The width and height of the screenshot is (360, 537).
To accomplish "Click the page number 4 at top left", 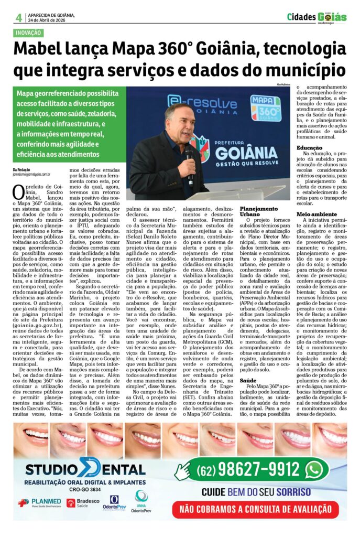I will click(x=18, y=17).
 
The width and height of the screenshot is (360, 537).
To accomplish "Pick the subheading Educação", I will click(x=310, y=148).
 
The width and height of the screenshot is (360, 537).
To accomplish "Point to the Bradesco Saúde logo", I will click(x=85, y=503).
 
